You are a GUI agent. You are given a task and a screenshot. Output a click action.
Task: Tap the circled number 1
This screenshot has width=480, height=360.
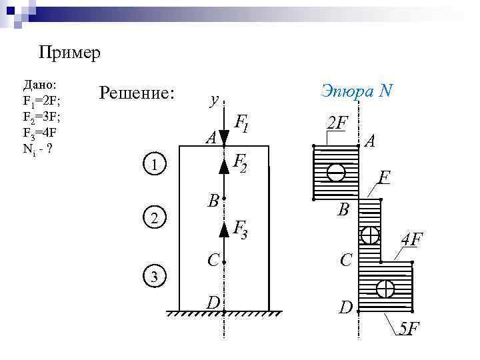(x=155, y=165)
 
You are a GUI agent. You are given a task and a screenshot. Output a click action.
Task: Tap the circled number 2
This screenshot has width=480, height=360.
(x=155, y=218)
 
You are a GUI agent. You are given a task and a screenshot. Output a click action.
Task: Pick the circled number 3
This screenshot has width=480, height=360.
(x=155, y=276)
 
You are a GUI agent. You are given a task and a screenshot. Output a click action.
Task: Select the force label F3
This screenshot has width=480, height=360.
(x=240, y=229)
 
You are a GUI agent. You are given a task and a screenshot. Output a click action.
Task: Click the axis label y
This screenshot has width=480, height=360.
(x=213, y=100)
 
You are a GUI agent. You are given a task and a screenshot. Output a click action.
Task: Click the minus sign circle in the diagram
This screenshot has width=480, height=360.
(x=336, y=172)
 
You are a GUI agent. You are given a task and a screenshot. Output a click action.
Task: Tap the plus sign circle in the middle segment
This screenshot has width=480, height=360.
(x=369, y=235)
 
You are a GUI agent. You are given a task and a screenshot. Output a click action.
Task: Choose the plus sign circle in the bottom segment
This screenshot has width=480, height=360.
(x=385, y=289)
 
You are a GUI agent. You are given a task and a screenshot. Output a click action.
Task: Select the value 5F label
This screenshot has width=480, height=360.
(x=407, y=329)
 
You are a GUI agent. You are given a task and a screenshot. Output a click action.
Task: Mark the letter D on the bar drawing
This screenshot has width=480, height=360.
(x=213, y=303)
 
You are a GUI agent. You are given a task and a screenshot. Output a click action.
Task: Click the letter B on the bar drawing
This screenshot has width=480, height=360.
(x=213, y=201)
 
